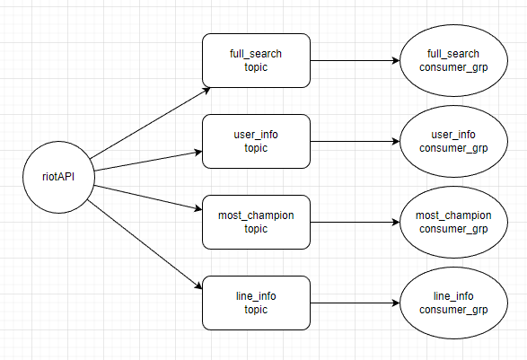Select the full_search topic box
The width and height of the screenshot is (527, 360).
(256, 60)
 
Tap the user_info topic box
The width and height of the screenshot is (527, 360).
(256, 141)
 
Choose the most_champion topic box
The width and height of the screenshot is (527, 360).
(256, 222)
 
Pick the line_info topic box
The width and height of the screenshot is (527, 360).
(256, 303)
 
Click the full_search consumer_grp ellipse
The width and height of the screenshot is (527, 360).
(453, 60)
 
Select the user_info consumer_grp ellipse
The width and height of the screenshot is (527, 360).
(453, 141)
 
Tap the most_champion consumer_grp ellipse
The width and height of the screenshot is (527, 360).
(453, 222)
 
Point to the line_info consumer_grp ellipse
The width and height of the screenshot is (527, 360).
(453, 303)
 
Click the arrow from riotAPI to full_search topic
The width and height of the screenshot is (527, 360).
(148, 122)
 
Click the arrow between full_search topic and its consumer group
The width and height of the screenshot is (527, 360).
(355, 61)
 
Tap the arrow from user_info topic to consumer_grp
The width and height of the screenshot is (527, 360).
(355, 142)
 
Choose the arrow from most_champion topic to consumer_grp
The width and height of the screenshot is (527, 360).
(355, 223)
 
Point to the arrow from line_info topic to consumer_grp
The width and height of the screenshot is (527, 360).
(355, 303)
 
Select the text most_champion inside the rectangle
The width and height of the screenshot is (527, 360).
(256, 215)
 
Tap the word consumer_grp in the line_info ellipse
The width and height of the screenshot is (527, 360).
(453, 310)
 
